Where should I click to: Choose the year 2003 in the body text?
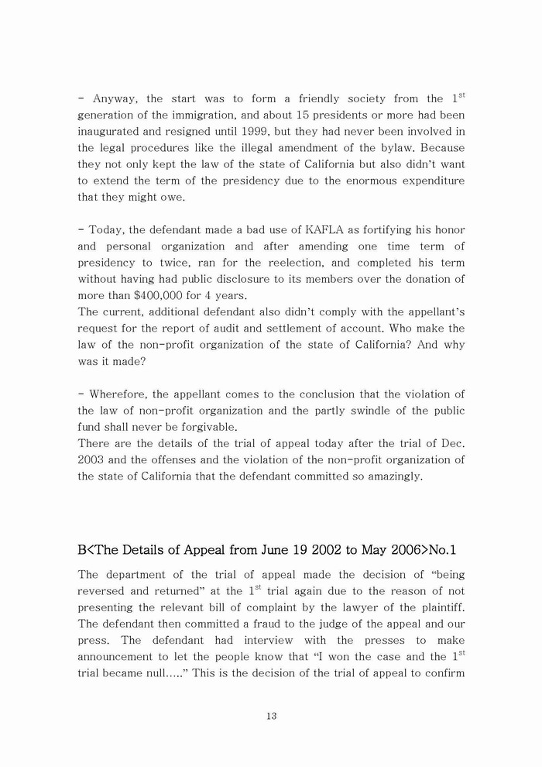[91, 459]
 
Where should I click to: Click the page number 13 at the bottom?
[271, 716]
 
